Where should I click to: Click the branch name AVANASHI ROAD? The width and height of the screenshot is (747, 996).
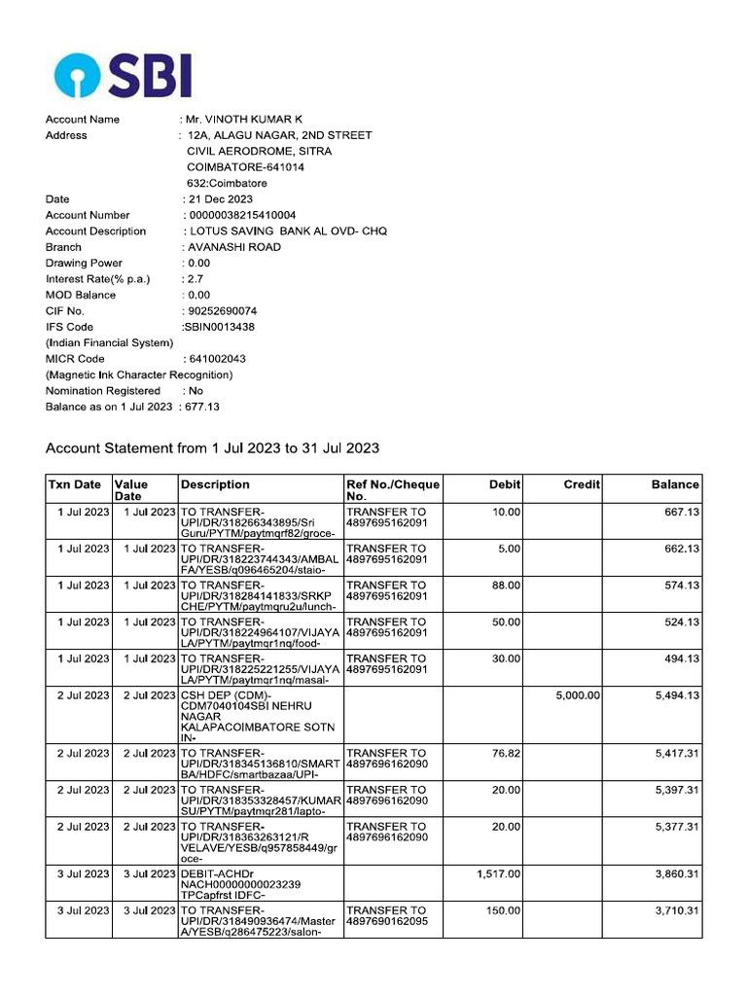[234, 247]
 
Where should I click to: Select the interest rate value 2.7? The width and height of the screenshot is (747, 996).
[196, 279]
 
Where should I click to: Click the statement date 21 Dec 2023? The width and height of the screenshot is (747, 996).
[220, 199]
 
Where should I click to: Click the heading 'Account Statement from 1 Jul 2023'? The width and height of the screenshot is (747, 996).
[213, 448]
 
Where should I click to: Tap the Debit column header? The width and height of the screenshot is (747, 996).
[505, 484]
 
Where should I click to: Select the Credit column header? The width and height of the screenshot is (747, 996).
[582, 484]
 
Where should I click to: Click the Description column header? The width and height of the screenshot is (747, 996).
[215, 484]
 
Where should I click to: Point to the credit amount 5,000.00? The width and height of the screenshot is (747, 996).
[578, 695]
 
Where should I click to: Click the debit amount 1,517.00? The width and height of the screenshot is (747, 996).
[499, 874]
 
